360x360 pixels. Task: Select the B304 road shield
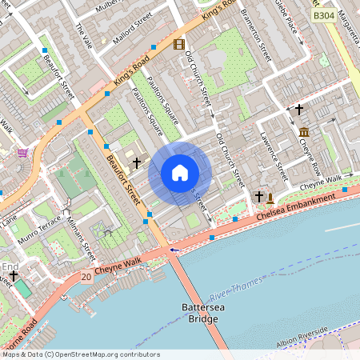[x=324, y=16]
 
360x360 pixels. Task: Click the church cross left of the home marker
[x=137, y=162]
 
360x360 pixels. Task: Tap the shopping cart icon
[x=22, y=153]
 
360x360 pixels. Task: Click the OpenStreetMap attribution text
[x=81, y=354]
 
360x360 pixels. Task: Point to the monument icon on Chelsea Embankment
[x=270, y=198]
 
